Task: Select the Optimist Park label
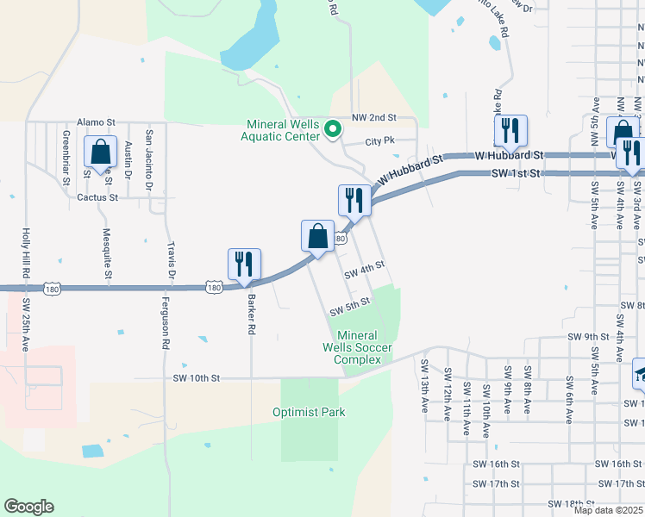pyautogui.click(x=309, y=412)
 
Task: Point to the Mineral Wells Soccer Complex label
pyautogui.click(x=357, y=347)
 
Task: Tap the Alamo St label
pyautogui.click(x=96, y=124)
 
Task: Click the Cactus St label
pyautogui.click(x=96, y=197)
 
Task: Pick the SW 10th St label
pyautogui.click(x=197, y=377)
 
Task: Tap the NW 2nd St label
pyautogui.click(x=373, y=117)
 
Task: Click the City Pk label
pyautogui.click(x=379, y=140)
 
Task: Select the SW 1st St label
pyautogui.click(x=516, y=173)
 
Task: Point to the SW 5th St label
pyautogui.click(x=350, y=305)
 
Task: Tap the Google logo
pyautogui.click(x=28, y=507)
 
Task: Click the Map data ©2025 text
pyautogui.click(x=608, y=511)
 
